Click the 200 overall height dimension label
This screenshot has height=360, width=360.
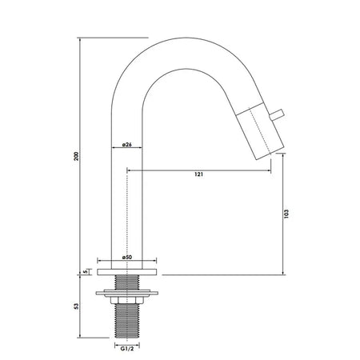tap(77, 156)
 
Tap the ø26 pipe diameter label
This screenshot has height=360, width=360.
tap(126, 145)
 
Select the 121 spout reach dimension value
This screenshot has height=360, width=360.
tap(198, 174)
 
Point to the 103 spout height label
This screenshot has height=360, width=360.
tap(286, 214)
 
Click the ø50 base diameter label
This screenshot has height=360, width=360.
tap(127, 257)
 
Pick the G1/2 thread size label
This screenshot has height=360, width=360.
tap(127, 349)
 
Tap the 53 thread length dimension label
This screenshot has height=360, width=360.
tap(77, 306)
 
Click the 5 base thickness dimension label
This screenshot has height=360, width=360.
tap(86, 272)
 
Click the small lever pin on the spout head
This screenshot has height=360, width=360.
tap(277, 115)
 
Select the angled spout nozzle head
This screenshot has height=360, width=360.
tap(260, 131)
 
